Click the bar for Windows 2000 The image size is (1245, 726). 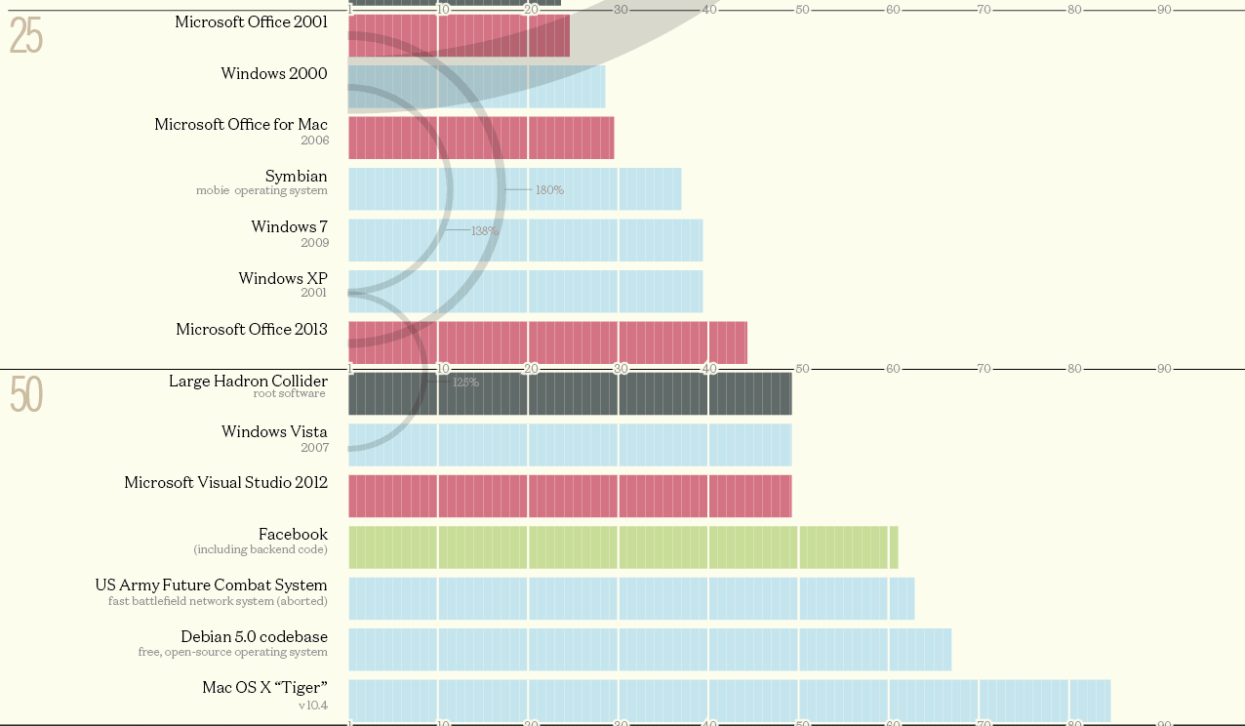click(x=476, y=87)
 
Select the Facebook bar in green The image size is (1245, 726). click(x=622, y=547)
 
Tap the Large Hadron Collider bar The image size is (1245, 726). click(x=570, y=394)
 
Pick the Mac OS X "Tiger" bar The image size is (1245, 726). click(x=729, y=701)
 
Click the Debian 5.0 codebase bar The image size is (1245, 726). click(x=649, y=650)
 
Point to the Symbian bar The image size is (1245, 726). click(x=514, y=189)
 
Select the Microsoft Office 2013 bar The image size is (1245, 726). click(x=547, y=343)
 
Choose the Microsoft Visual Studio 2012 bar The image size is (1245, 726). click(x=570, y=496)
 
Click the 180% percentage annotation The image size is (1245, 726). click(x=549, y=190)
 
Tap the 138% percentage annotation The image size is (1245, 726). click(x=485, y=231)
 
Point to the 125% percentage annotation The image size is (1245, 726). click(x=465, y=383)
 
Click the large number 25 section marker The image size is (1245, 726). click(x=26, y=37)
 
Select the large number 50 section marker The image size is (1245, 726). click(x=26, y=395)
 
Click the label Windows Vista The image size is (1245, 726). click(x=274, y=432)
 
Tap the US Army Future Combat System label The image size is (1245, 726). click(x=211, y=585)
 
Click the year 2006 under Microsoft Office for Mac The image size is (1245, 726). click(x=314, y=141)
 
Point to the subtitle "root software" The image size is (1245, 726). click(x=290, y=394)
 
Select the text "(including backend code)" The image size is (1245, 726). click(x=261, y=550)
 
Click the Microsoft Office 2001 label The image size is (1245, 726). click(x=251, y=21)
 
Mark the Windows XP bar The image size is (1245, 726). click(x=525, y=292)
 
